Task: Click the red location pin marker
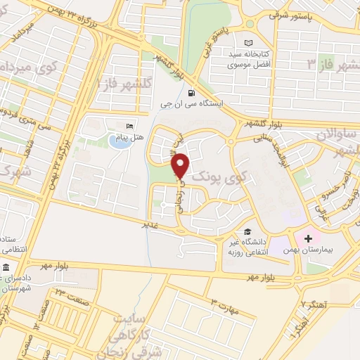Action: [x=181, y=165]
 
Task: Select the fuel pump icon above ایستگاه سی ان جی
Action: [x=193, y=93]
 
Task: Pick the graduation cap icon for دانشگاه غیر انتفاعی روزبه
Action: [x=247, y=231]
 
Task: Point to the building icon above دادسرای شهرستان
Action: [x=5, y=269]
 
